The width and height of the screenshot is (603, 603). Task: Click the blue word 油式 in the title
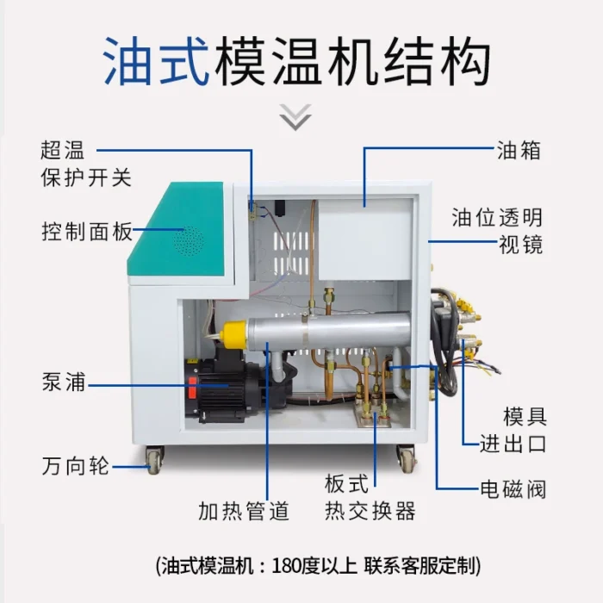(x=157, y=61)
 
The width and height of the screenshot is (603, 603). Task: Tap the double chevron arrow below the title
(x=295, y=117)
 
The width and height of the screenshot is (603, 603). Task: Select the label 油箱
(x=519, y=150)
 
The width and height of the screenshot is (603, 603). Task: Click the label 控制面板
(x=87, y=232)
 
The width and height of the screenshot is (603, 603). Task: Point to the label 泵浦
(x=64, y=382)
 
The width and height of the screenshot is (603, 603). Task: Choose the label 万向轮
(x=76, y=466)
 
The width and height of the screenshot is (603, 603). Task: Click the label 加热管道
(x=244, y=511)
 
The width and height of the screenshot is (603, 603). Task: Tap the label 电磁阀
(x=513, y=489)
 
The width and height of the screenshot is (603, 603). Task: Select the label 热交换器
(x=370, y=511)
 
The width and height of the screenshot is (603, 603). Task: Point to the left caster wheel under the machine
(x=154, y=458)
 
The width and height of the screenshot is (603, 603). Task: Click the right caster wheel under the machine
(x=406, y=458)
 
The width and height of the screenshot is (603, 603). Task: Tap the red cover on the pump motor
(x=192, y=388)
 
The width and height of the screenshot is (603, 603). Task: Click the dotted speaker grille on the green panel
(x=189, y=241)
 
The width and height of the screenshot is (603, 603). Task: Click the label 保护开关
(x=86, y=177)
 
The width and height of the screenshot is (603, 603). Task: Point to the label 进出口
(x=513, y=444)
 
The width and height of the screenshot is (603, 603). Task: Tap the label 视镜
(x=520, y=245)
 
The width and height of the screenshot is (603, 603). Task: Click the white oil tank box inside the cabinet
(x=365, y=239)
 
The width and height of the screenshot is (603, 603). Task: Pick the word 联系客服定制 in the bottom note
(x=420, y=566)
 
